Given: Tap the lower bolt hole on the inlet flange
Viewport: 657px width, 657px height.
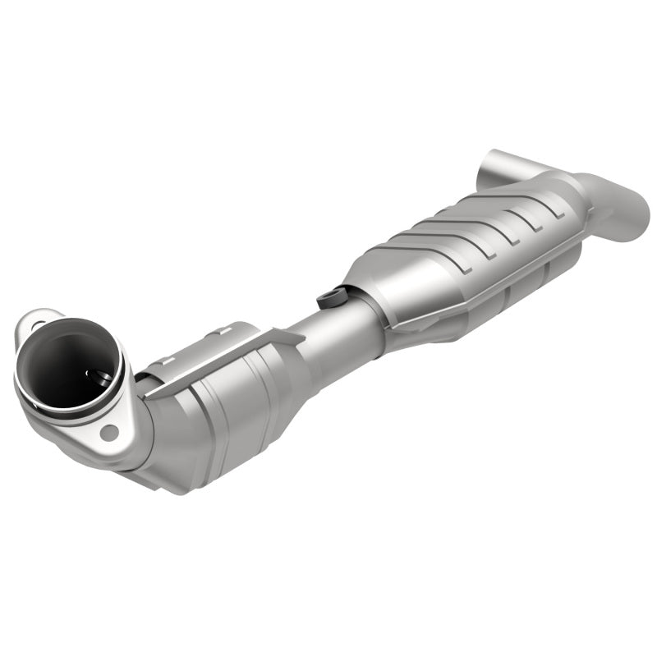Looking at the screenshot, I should [x=108, y=430].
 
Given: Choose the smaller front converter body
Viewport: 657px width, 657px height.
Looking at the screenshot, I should [x=230, y=411].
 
